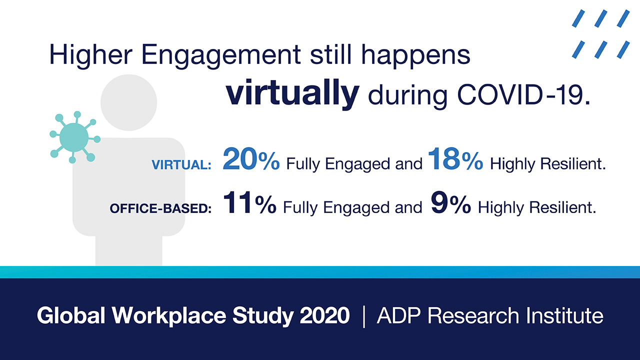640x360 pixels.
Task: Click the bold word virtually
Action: pyautogui.click(x=292, y=93)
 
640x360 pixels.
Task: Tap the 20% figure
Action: pyautogui.click(x=251, y=159)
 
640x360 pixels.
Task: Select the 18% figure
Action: pyautogui.click(x=455, y=159)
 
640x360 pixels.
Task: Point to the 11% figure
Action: pyautogui.click(x=249, y=202)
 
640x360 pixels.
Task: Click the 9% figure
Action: pyautogui.click(x=450, y=202)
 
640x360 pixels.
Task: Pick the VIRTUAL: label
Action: pyautogui.click(x=181, y=165)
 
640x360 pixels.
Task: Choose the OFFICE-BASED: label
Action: pyautogui.click(x=160, y=208)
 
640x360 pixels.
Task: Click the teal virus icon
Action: pyautogui.click(x=74, y=137)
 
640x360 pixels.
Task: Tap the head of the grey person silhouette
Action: pyautogui.click(x=128, y=102)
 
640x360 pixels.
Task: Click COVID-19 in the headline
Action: pyautogui.click(x=523, y=95)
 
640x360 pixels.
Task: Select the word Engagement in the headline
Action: pyautogui.click(x=221, y=55)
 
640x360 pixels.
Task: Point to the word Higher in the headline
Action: pyautogui.click(x=91, y=55)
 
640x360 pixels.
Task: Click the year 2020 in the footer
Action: pyautogui.click(x=324, y=315)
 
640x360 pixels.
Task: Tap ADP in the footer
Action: pyautogui.click(x=398, y=315)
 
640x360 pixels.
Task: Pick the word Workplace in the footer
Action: pyautogui.click(x=169, y=316)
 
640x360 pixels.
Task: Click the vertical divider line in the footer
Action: pyautogui.click(x=363, y=316)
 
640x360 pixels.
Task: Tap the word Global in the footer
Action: pyautogui.click(x=71, y=315)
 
